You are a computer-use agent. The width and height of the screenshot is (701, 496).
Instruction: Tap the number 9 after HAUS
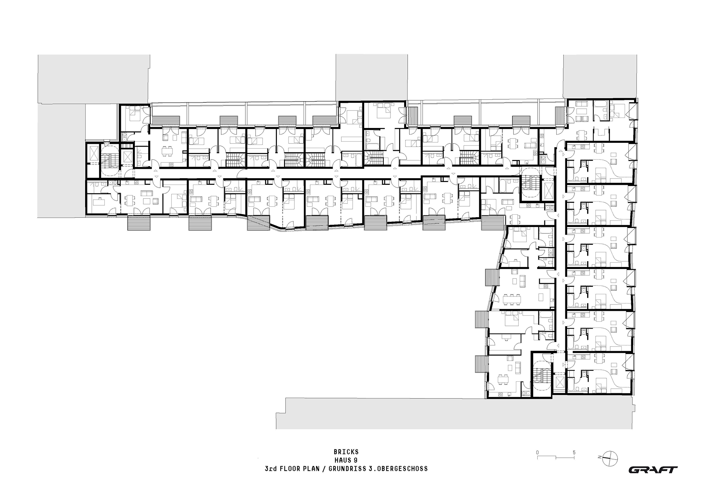pos(356,460)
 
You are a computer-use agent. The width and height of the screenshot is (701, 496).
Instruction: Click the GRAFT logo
pos(653,470)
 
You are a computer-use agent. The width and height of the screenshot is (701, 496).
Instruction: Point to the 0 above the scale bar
pos(537,453)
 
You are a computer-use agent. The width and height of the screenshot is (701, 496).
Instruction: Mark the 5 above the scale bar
pos(574,453)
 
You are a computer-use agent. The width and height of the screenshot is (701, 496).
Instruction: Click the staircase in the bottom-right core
pos(542,377)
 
